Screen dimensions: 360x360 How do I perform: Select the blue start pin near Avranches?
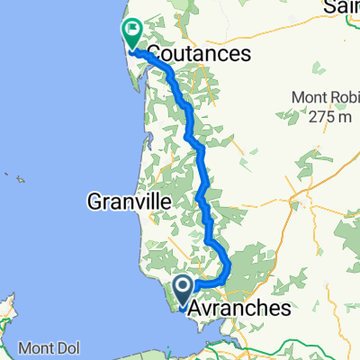point(183,291)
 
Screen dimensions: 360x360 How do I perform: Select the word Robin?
point(342,97)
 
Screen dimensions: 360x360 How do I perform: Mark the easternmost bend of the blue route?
point(229,269)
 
